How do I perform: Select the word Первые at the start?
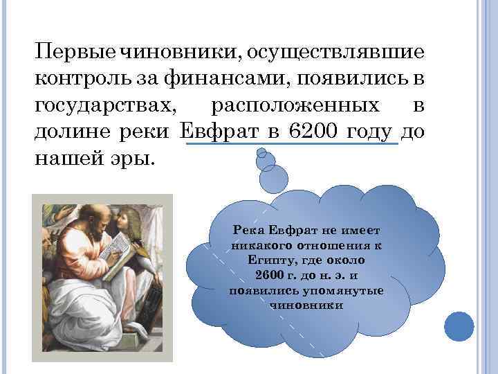click(75, 53)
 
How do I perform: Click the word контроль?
click(82, 79)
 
